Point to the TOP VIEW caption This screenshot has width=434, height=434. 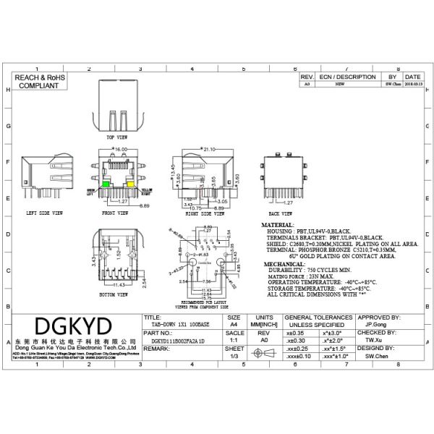pyautogui.click(x=116, y=136)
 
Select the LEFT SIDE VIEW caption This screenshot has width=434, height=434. pyautogui.click(x=44, y=213)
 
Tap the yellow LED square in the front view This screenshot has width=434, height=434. pyautogui.click(x=132, y=184)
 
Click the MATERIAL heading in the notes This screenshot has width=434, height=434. pyautogui.click(x=279, y=226)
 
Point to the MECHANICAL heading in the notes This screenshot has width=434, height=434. pyautogui.click(x=283, y=265)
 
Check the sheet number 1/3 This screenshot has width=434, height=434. pyautogui.click(x=233, y=356)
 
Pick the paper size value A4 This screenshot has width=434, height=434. pyautogui.click(x=233, y=325)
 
